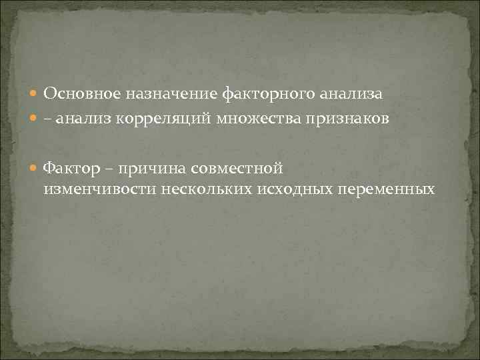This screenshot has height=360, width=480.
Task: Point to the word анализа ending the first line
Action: [x=350, y=94]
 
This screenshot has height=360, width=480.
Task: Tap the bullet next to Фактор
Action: [x=35, y=167]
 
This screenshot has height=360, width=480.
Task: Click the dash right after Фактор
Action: [x=104, y=167]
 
